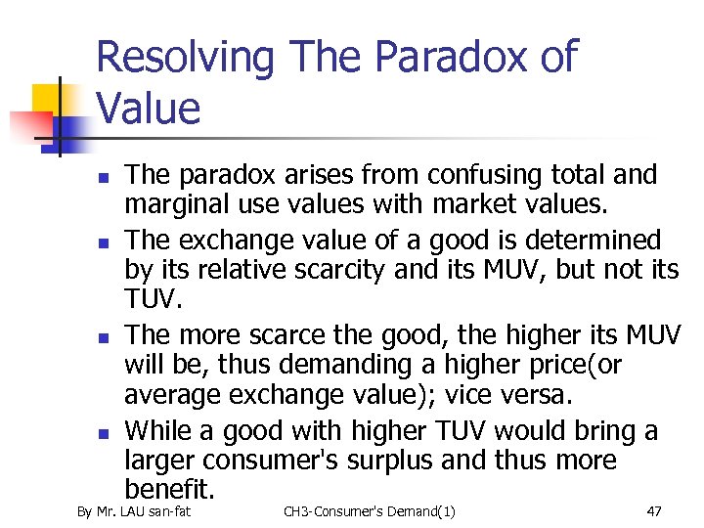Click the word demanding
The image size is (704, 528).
330,365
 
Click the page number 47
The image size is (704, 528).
654,511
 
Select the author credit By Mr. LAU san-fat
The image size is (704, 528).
135,511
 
